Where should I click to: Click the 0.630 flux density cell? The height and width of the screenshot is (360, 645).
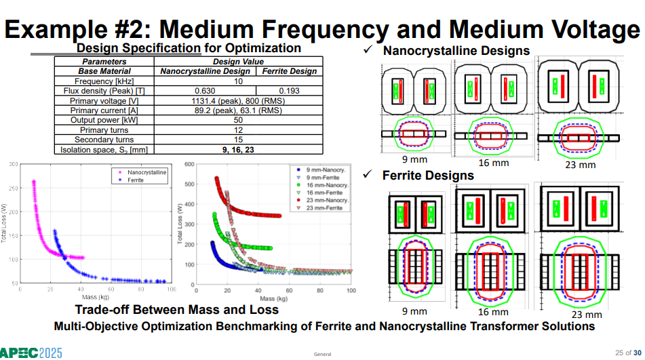tap(205, 91)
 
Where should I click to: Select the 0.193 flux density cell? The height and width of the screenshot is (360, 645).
tap(289, 91)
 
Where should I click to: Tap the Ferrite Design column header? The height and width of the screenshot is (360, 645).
tap(290, 71)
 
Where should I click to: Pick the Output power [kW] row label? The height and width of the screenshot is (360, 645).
tap(104, 120)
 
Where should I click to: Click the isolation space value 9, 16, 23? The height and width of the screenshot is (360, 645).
tap(238, 150)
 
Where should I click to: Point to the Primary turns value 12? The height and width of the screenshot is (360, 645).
tap(238, 130)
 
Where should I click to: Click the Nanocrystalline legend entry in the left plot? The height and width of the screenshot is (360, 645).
tap(142, 172)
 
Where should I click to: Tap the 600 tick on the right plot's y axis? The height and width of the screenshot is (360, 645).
tap(189, 164)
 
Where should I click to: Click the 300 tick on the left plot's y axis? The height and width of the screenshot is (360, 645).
tap(14, 164)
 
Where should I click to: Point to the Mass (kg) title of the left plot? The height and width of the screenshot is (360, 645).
tap(96, 297)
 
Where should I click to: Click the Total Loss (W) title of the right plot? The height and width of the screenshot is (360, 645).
tap(180, 224)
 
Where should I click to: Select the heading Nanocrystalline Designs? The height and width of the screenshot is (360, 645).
tap(456, 51)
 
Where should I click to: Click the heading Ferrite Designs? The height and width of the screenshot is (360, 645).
tap(428, 176)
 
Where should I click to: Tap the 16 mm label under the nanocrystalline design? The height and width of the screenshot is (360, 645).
tap(494, 163)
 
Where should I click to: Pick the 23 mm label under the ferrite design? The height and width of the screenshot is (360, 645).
tap(587, 315)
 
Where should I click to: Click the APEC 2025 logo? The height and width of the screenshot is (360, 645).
tap(31, 353)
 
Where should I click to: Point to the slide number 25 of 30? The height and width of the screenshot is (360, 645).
tap(628, 353)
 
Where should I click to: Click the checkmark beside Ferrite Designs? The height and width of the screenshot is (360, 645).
tap(368, 174)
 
